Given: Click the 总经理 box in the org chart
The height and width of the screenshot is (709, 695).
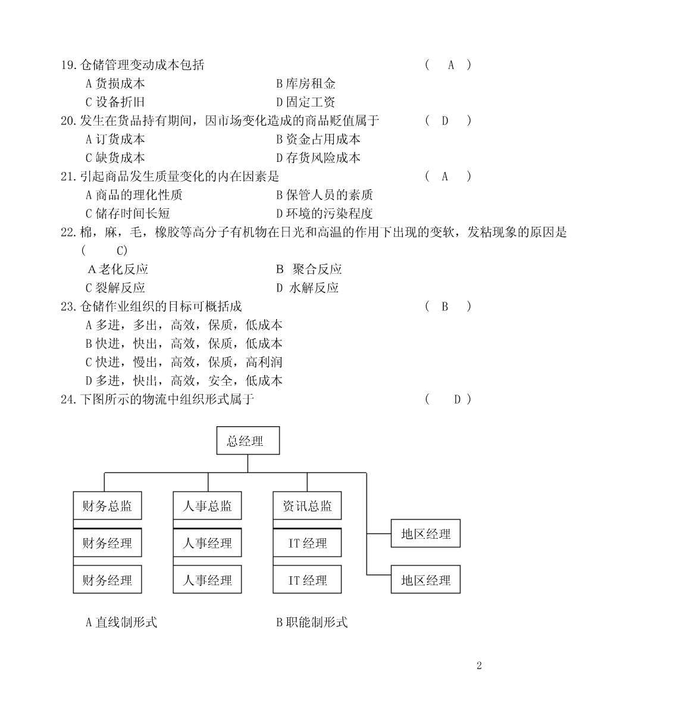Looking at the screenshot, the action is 248,441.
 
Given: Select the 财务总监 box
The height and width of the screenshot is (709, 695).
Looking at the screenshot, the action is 107,505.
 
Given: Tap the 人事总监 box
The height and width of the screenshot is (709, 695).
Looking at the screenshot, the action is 207,505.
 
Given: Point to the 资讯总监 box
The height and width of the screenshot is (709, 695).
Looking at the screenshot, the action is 307,505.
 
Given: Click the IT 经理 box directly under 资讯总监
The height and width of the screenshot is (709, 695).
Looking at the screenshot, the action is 307,542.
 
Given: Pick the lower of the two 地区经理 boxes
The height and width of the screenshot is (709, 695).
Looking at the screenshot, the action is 425,579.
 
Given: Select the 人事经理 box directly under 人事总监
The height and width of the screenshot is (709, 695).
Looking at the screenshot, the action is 207,542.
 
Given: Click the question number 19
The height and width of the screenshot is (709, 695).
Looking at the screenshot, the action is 68,65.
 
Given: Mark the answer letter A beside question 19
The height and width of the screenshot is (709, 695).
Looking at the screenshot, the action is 450,65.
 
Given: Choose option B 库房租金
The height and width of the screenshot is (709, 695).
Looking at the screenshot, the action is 305,84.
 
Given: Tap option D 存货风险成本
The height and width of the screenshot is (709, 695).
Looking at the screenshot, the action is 318,158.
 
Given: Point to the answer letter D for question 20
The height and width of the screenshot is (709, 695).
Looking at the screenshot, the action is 444,121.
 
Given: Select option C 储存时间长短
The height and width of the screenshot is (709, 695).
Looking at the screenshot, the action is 128,214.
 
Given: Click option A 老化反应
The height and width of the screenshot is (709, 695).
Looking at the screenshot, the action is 117,270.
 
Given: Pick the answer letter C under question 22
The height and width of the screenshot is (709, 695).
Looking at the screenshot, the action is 121,251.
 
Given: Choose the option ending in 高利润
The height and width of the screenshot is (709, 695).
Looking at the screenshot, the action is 184,362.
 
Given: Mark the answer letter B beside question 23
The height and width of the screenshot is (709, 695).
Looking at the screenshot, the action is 444,307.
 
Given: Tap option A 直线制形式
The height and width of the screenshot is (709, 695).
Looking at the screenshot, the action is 121,622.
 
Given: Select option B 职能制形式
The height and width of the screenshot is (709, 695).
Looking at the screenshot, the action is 312,622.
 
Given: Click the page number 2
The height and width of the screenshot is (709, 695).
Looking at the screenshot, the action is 479,666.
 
